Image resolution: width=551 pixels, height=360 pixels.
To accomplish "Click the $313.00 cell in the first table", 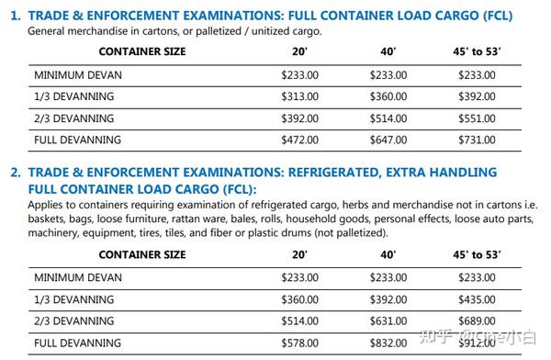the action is tap(299, 96).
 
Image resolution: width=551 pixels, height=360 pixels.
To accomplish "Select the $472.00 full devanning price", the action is tap(299, 141).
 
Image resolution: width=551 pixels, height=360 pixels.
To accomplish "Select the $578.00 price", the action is tap(299, 343).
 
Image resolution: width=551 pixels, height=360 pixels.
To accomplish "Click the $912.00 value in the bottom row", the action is tap(478, 343).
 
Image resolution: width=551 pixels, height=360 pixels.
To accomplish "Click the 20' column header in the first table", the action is tap(298, 51).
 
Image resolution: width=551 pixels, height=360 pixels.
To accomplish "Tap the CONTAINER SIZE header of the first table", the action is tap(142, 51).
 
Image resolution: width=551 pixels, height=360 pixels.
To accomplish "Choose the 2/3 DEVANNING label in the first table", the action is tap(74, 118).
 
